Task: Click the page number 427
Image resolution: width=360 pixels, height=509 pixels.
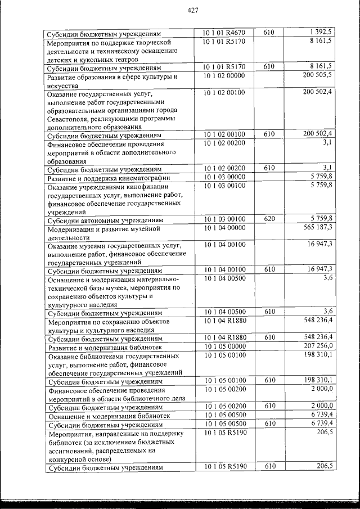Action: pos(193,11)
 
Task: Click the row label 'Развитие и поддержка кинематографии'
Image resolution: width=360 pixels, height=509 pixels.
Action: pos(109,178)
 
